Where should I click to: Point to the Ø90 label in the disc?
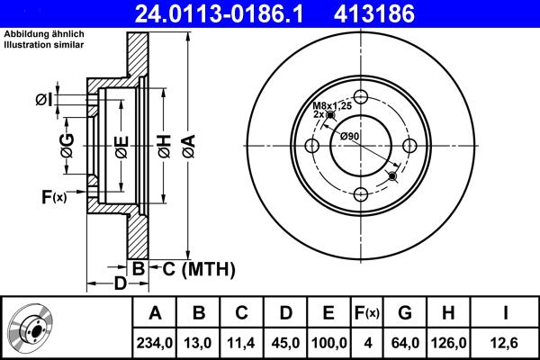coord(349,136)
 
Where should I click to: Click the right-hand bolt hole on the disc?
coord(409,146)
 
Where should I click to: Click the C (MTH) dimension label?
coord(197,268)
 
